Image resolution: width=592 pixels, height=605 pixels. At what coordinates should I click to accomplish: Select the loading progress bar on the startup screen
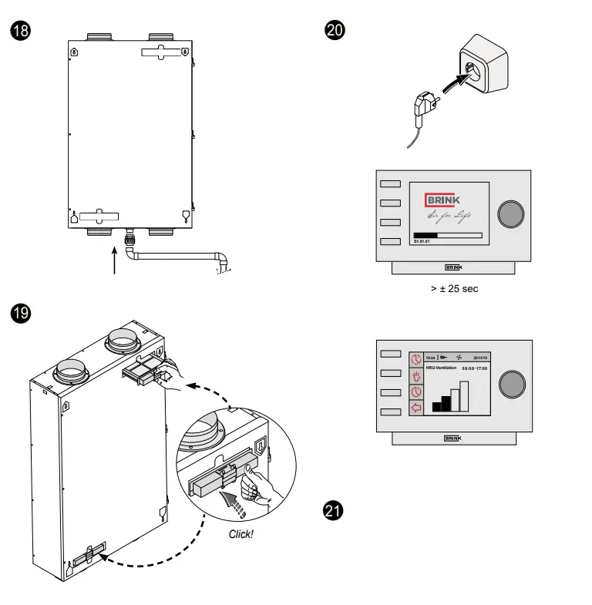[x=448, y=235]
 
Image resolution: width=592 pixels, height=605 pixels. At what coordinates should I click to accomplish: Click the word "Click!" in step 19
[x=241, y=533]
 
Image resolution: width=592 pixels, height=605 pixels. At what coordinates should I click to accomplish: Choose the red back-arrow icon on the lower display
[x=417, y=407]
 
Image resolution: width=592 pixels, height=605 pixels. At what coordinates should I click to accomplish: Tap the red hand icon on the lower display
[x=417, y=376]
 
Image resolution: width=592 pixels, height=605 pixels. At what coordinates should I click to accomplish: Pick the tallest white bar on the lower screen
[x=465, y=395]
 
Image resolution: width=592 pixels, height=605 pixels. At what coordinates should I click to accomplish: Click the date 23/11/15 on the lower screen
[x=481, y=357]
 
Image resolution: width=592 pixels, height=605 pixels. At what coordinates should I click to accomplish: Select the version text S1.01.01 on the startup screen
[x=422, y=242]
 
